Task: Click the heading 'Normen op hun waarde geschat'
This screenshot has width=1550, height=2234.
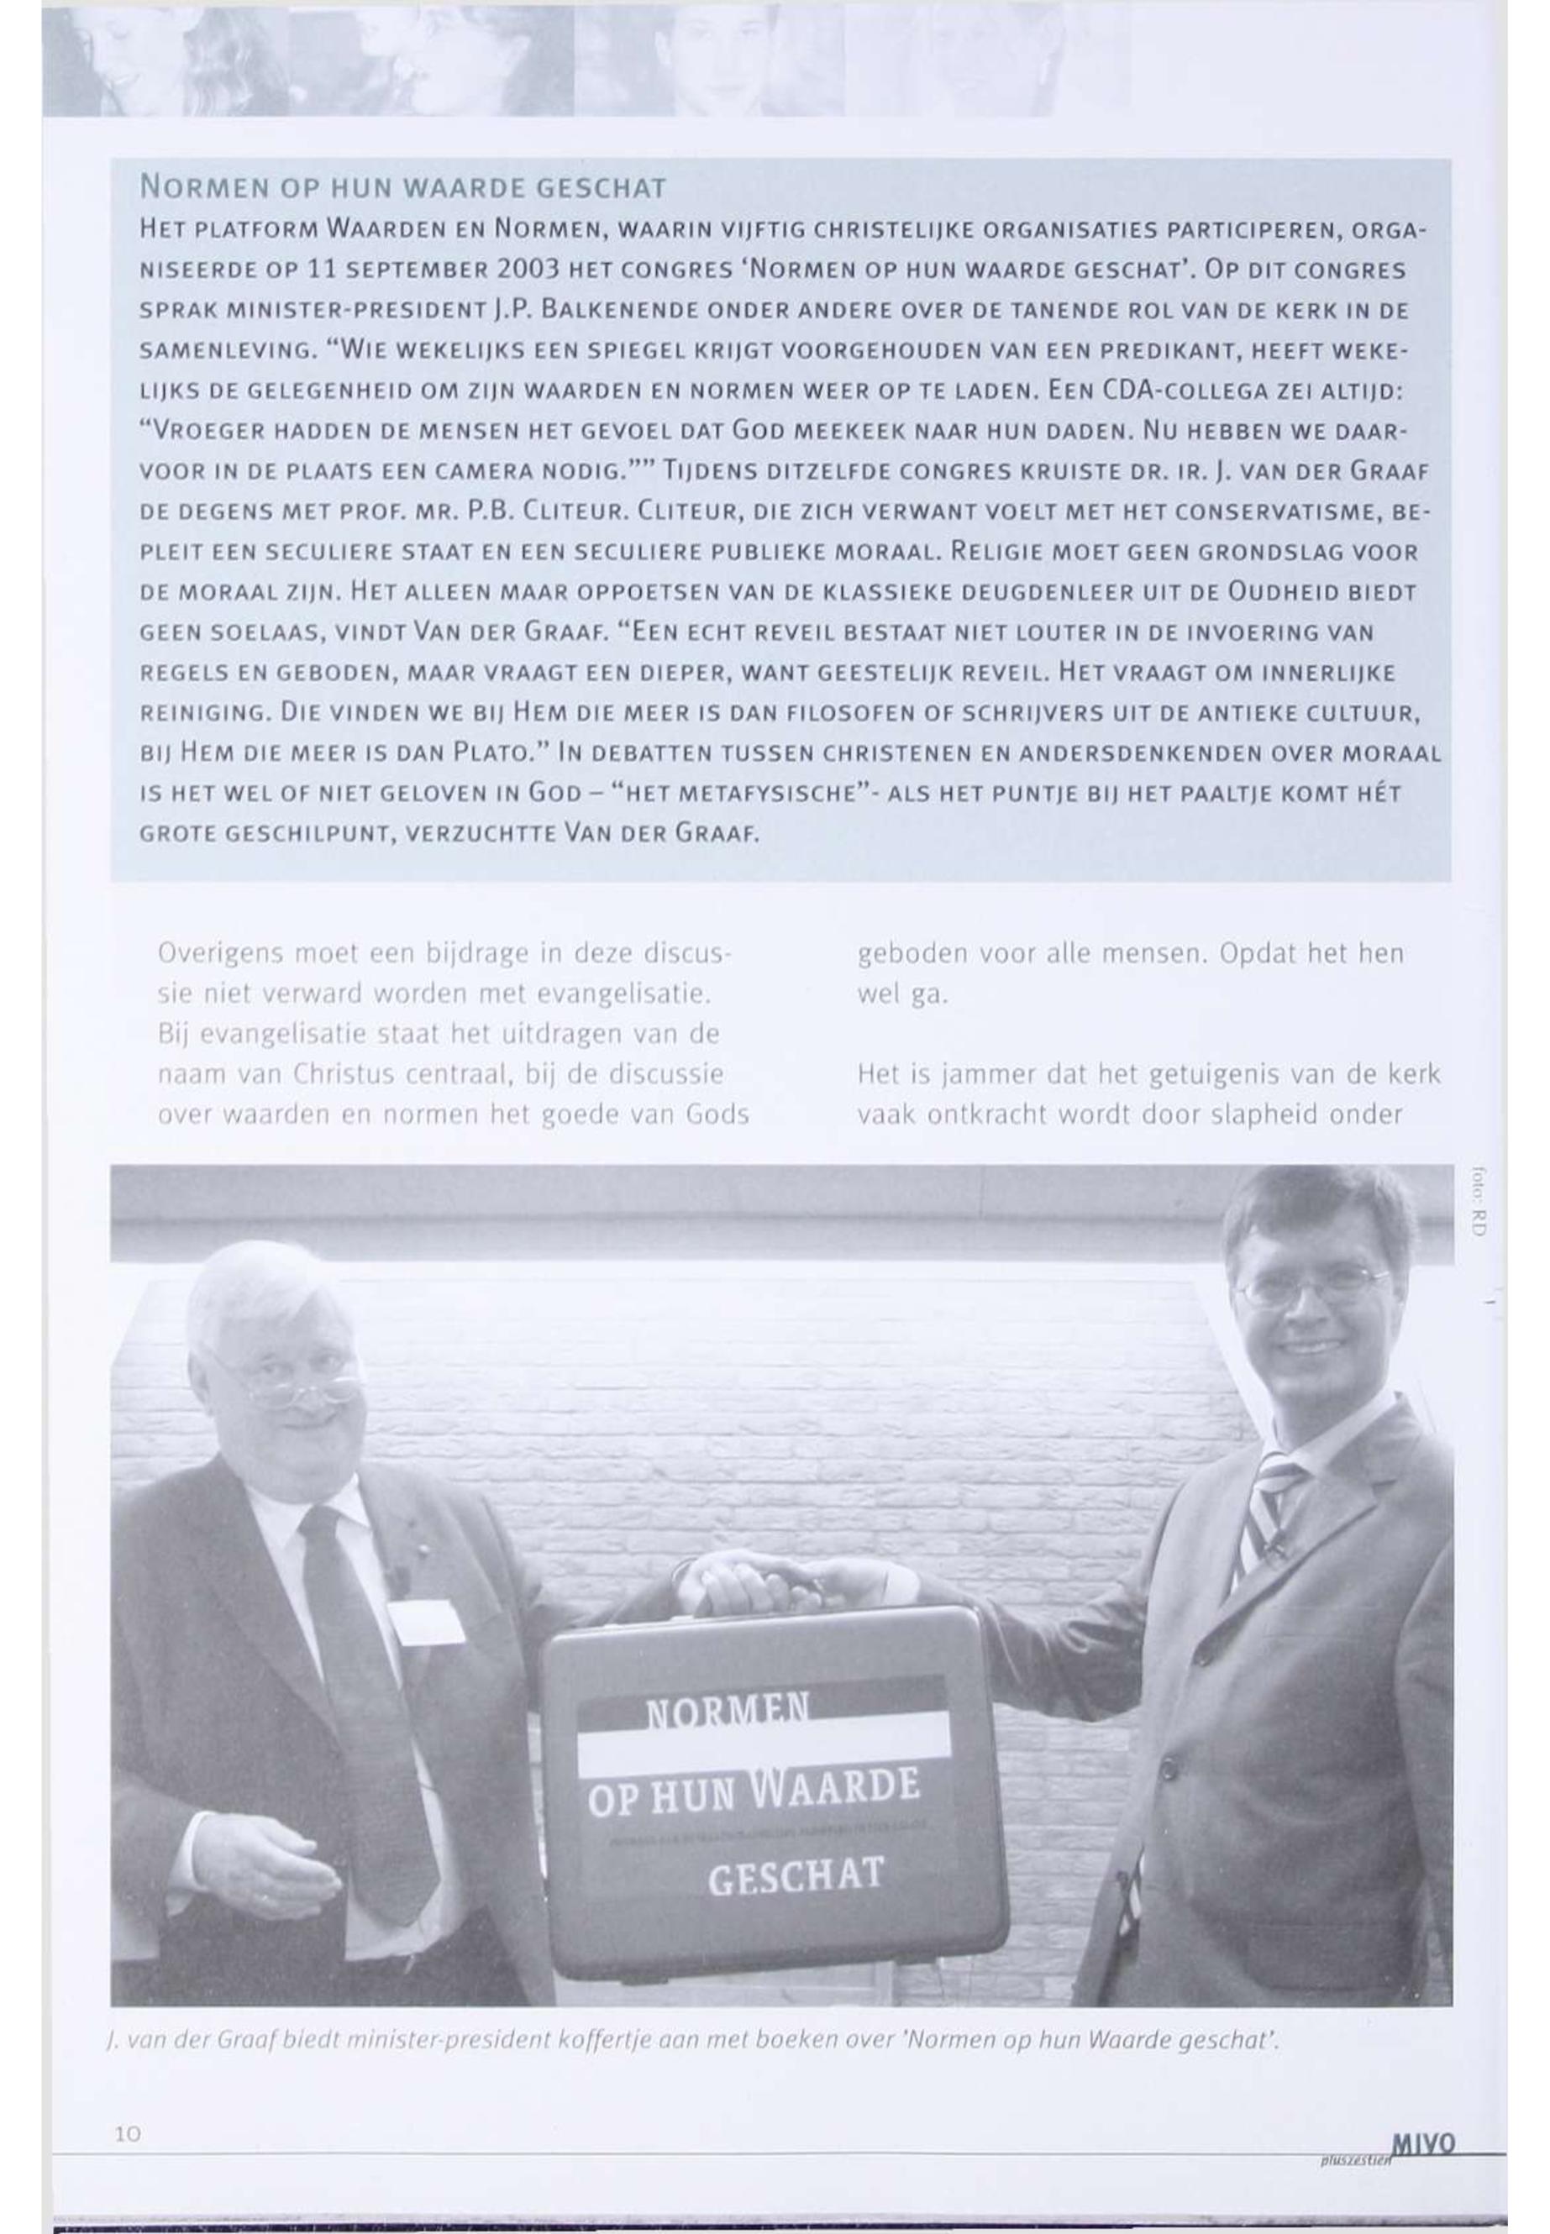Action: click(403, 187)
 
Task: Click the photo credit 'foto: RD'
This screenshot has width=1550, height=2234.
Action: click(1478, 1200)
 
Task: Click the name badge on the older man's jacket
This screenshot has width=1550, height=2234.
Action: click(425, 1623)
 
